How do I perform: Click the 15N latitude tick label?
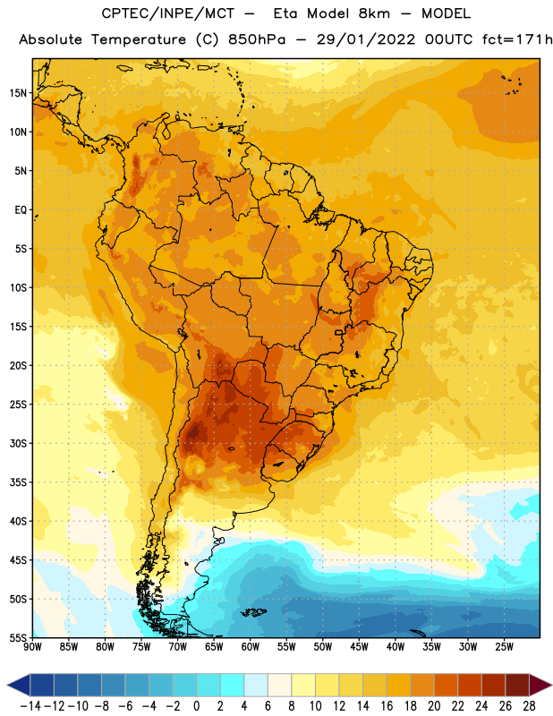[18, 93]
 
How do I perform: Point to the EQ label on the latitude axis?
[21, 210]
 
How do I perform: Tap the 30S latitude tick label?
[18, 443]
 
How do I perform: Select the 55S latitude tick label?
[18, 638]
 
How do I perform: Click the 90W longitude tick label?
[32, 646]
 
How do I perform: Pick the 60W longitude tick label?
[251, 646]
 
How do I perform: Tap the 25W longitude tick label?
[504, 646]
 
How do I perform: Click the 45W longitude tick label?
[359, 646]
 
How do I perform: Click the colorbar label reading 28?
[529, 706]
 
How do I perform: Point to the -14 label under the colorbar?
[30, 706]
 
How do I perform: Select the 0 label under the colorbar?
[196, 706]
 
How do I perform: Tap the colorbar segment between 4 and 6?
[256, 685]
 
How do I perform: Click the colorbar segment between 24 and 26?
[493, 685]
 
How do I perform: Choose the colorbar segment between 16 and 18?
[398, 685]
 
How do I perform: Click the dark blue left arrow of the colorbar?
[19, 685]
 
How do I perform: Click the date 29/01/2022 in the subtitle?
[366, 39]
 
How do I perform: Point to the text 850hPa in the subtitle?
[257, 39]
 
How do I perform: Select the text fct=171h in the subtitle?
[517, 39]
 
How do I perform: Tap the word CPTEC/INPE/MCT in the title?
[167, 13]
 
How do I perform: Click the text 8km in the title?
[374, 13]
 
